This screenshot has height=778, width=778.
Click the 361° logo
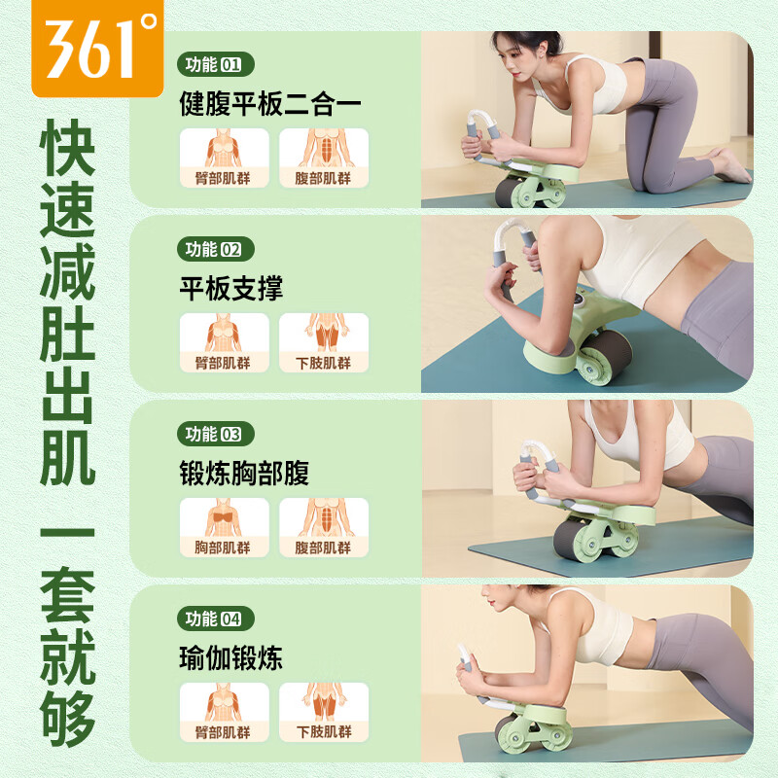click(x=96, y=46)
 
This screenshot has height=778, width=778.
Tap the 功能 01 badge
click(x=215, y=66)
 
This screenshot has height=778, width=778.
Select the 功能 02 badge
click(x=215, y=249)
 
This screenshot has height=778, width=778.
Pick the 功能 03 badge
click(x=215, y=434)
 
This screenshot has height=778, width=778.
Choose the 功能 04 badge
click(x=215, y=619)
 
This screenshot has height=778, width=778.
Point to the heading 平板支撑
click(x=231, y=288)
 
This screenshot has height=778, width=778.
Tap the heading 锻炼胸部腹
click(x=244, y=473)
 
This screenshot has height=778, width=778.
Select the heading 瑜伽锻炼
click(x=231, y=657)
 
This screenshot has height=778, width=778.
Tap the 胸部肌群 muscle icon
click(x=224, y=526)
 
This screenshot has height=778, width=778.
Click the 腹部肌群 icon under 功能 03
click(x=324, y=526)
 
